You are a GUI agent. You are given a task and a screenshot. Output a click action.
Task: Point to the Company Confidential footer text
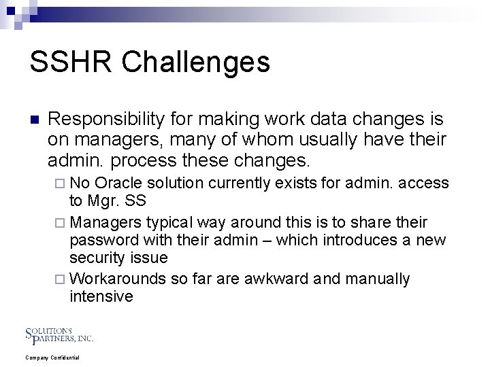[52, 357]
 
